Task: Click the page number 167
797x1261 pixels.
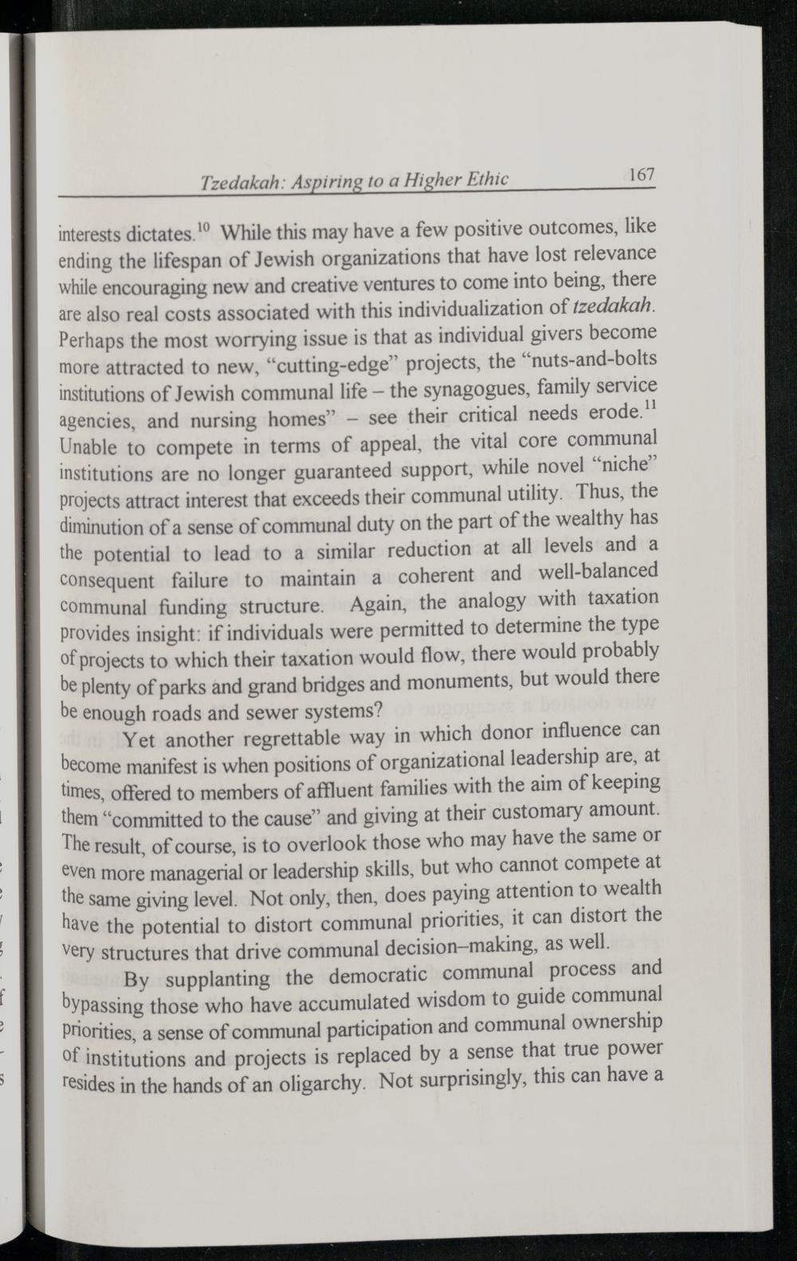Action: (640, 174)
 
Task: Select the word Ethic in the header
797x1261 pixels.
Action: (485, 179)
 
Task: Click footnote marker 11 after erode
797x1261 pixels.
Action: (650, 407)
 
